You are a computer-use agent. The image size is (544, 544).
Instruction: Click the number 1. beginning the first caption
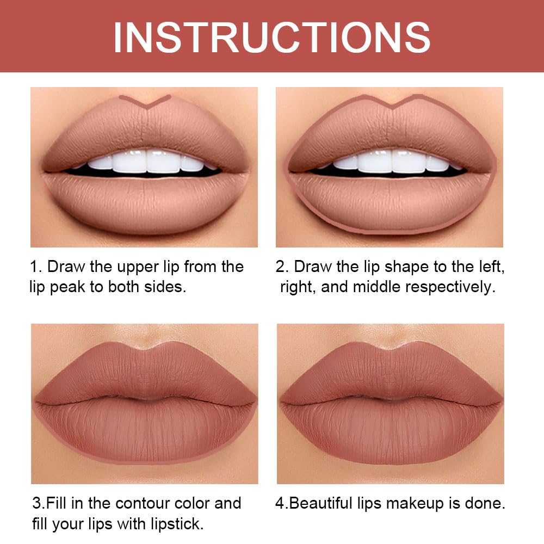[x=36, y=267]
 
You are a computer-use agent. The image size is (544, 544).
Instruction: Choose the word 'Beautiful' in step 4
[x=323, y=503]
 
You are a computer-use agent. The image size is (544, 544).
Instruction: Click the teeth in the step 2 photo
[x=392, y=162]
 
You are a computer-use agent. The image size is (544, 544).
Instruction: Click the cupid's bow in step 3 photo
[x=145, y=348]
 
